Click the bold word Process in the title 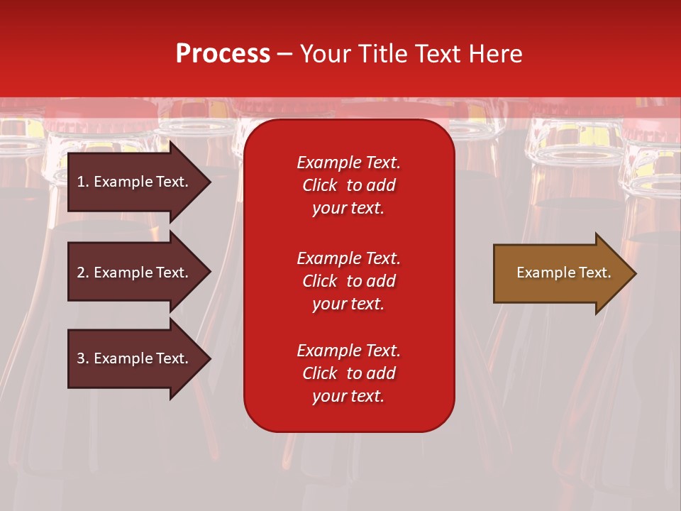(x=223, y=54)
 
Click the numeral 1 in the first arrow (x=81, y=182)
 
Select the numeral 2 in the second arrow (x=81, y=273)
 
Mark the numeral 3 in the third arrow (x=81, y=358)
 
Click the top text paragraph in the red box (x=348, y=185)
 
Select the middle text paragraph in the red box (x=348, y=281)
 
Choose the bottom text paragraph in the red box (x=348, y=373)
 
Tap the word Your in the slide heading (x=324, y=54)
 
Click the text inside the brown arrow (x=563, y=273)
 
